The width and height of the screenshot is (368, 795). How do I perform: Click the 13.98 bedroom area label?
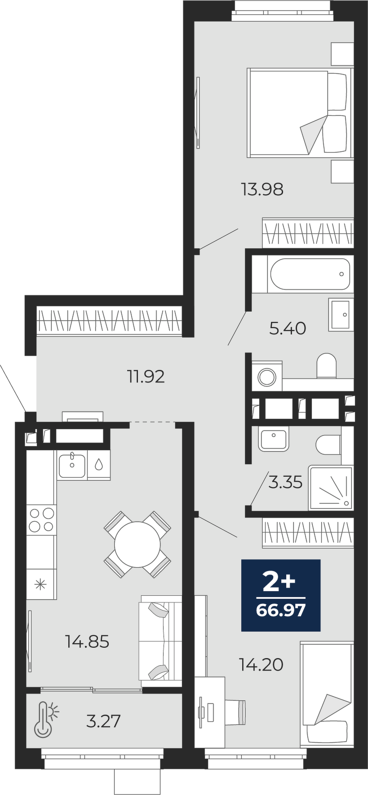[x=262, y=189]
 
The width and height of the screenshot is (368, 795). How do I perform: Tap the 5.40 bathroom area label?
[x=288, y=329]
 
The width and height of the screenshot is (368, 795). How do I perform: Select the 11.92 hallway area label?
[x=146, y=376]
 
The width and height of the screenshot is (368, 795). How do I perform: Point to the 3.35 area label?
[x=285, y=483]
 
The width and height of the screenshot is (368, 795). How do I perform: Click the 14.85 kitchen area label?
[x=87, y=642]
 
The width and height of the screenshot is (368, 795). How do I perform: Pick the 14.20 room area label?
[x=261, y=664]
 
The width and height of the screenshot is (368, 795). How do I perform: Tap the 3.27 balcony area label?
[x=103, y=721]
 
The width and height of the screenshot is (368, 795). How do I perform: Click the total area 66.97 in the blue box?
[x=281, y=610]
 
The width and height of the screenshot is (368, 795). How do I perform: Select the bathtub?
[x=310, y=274]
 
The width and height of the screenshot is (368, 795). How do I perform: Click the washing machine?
[x=267, y=376]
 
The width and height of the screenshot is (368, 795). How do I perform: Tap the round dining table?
[x=137, y=545]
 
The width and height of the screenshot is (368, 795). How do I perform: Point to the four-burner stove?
[x=41, y=519]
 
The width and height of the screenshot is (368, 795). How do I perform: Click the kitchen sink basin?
[x=72, y=466]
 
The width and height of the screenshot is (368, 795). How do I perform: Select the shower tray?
[x=331, y=488]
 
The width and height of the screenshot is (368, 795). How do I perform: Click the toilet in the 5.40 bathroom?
[x=327, y=366]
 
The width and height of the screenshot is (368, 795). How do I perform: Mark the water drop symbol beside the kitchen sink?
[x=99, y=465]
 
